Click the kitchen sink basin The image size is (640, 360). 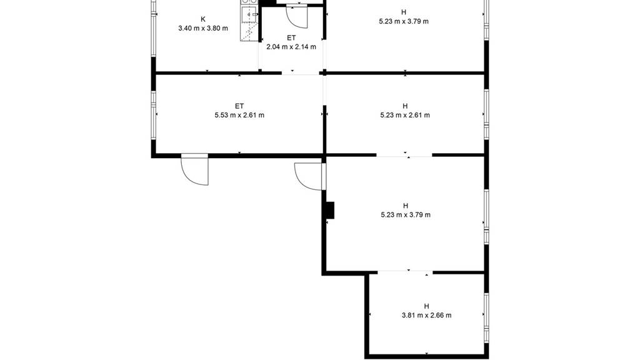249,15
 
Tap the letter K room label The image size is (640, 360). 203,19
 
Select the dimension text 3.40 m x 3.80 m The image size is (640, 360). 203,29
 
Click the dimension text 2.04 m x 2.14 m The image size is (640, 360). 291,47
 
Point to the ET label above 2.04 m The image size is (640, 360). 291,38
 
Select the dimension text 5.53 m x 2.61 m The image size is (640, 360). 239,115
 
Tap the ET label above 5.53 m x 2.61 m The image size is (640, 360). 239,106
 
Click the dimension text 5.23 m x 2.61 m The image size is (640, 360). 405,115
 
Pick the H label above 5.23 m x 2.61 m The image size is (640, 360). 405,106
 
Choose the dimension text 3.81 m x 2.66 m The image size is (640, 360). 426,315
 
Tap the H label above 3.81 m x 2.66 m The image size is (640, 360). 426,306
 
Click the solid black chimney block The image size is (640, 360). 330,210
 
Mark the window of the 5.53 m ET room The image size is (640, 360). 154,115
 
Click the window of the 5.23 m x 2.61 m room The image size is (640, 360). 486,114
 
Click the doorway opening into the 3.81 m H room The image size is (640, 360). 405,272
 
